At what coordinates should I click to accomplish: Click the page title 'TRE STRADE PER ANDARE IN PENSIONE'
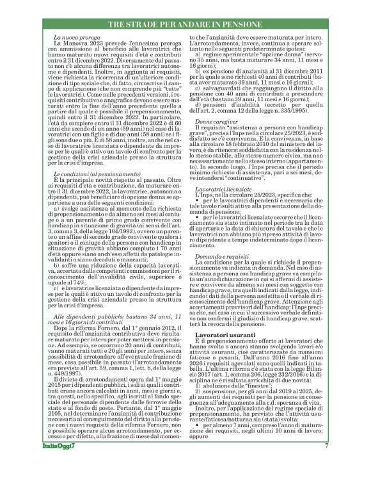[x=185, y=24]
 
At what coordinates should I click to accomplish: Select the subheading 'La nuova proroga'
[x=72, y=40]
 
